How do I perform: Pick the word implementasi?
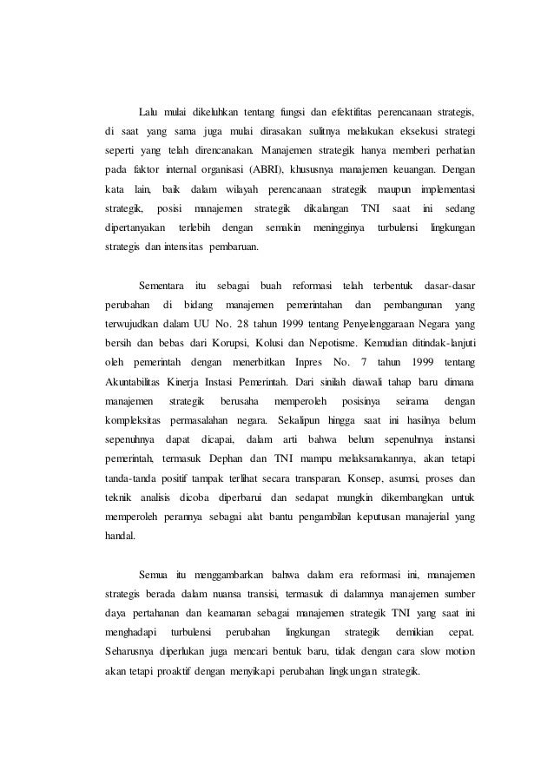[x=452, y=188]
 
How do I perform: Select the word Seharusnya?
[x=131, y=650]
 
